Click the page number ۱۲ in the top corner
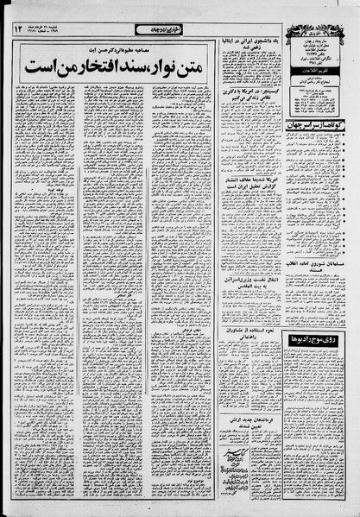click(x=21, y=29)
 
